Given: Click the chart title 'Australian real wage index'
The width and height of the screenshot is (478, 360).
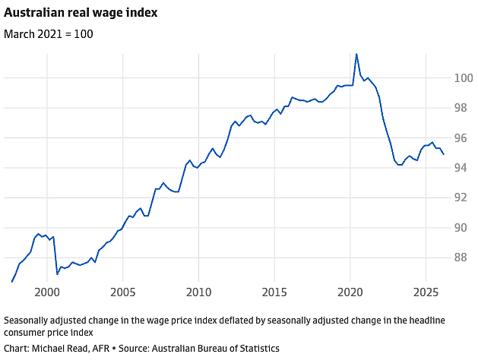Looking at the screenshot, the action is coord(81,13).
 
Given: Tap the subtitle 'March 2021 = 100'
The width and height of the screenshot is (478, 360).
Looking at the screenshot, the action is coord(49,34).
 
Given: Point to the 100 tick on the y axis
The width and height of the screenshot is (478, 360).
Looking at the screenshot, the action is coord(464,78).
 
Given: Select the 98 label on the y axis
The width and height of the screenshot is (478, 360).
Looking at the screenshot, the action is coord(461,108).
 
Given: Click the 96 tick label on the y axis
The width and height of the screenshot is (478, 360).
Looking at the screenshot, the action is coord(461,138).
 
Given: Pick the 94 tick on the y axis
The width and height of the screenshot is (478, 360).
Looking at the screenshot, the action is coord(461,168).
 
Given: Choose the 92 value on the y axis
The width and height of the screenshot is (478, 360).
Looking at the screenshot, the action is coord(461,198).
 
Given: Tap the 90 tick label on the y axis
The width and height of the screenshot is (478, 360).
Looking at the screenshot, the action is coord(461,228).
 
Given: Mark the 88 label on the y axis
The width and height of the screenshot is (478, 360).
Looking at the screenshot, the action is coord(461,258).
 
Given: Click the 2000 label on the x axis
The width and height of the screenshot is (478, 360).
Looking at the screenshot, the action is coord(47,292).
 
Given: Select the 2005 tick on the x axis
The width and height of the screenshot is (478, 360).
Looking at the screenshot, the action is coord(123,292).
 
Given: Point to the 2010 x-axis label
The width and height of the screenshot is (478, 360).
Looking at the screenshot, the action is coord(199,292).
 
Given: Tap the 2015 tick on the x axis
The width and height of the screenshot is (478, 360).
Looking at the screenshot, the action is coord(274,292).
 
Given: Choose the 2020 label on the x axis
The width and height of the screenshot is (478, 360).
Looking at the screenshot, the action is coord(350,292).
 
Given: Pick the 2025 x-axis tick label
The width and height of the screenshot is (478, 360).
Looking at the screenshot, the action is coord(426,292).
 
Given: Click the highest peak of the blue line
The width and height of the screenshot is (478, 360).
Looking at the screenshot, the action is coord(356,54).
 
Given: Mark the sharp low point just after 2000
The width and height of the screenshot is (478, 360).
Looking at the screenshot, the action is coord(57,274).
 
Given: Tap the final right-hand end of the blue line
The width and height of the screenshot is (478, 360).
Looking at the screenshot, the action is coord(444,154).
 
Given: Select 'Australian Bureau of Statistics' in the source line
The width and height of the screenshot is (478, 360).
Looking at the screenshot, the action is coord(216,349).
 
